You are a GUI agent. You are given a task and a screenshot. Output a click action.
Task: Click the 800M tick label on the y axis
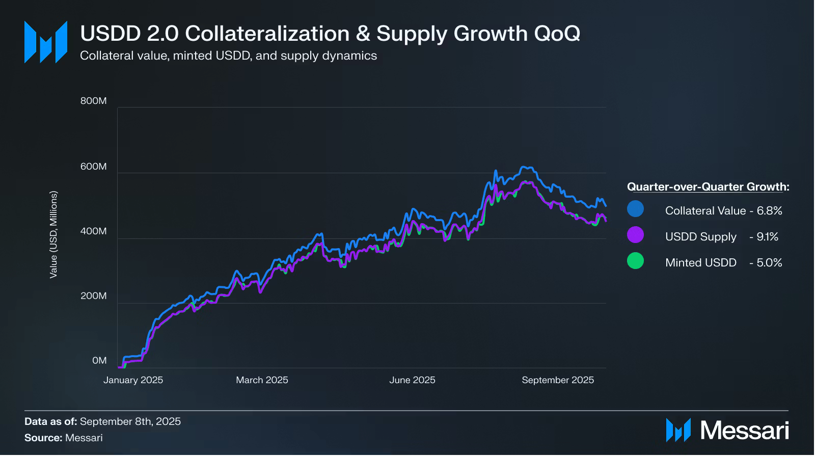click(x=94, y=101)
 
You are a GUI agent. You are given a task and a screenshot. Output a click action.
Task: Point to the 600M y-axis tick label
click(x=94, y=167)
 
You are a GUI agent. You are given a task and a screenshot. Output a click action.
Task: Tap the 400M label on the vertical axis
click(x=94, y=231)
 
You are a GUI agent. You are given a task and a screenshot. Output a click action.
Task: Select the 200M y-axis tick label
click(x=94, y=296)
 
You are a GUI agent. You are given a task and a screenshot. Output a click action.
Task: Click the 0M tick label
click(x=99, y=361)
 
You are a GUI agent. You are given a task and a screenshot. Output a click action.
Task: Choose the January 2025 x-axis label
click(x=133, y=380)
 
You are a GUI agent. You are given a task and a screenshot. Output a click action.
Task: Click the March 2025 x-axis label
click(x=262, y=380)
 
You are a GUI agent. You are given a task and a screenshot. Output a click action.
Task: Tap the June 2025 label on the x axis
click(x=412, y=380)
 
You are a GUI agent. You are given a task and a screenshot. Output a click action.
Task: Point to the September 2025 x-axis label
click(x=558, y=380)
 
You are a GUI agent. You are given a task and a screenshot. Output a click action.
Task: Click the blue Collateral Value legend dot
click(x=635, y=209)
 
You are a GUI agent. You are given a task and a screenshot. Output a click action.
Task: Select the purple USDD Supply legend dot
click(x=635, y=235)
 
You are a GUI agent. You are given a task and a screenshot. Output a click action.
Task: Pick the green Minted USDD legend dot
click(x=635, y=261)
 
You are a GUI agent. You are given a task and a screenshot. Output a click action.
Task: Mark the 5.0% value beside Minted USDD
click(x=769, y=263)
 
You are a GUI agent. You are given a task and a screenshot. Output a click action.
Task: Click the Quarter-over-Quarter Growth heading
click(x=708, y=186)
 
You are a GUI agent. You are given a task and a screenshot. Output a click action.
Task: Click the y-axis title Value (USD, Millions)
click(x=53, y=234)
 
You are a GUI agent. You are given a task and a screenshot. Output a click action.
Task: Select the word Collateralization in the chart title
click(x=267, y=34)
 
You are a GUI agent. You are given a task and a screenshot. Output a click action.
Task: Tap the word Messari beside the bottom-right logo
click(x=745, y=431)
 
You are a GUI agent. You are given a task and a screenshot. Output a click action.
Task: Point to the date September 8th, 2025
click(x=130, y=421)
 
